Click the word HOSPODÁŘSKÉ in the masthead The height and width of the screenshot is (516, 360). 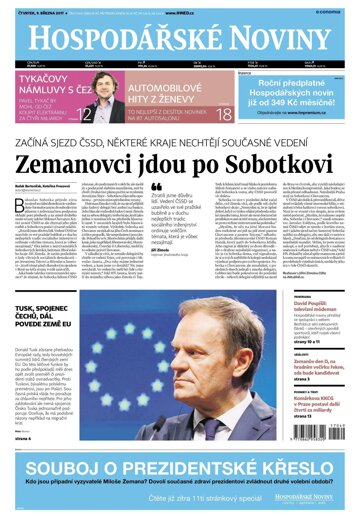click(x=110, y=40)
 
